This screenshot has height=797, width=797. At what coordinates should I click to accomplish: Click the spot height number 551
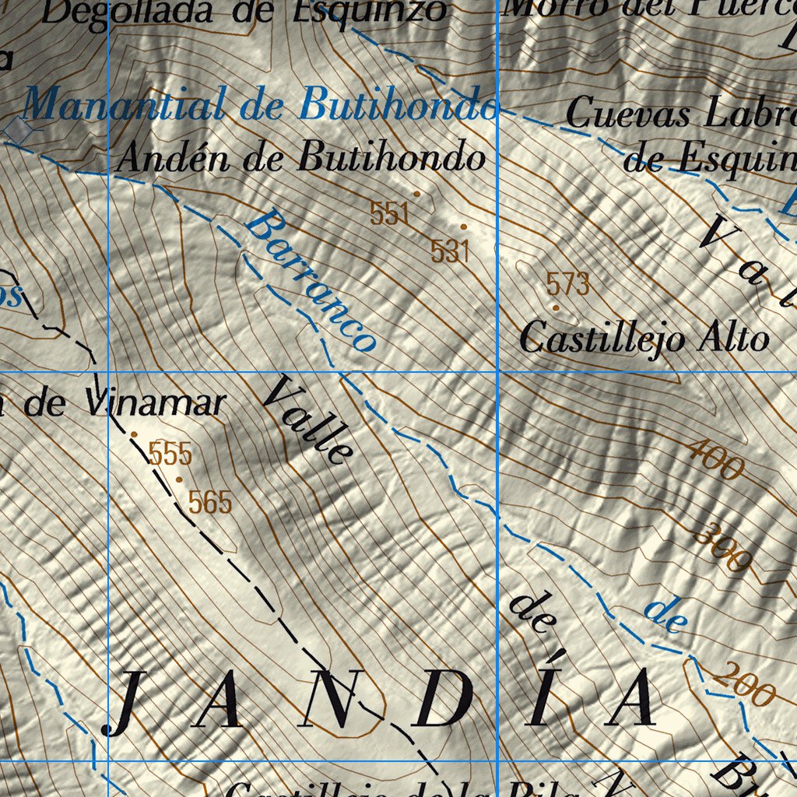tap(389, 213)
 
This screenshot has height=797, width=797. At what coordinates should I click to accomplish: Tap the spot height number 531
tap(450, 251)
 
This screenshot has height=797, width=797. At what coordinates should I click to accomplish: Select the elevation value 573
tap(567, 284)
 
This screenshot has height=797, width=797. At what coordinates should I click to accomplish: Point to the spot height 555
tap(170, 453)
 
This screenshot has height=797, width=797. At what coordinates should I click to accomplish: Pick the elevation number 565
tap(210, 503)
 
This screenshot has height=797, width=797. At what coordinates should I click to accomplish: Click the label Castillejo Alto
tap(644, 339)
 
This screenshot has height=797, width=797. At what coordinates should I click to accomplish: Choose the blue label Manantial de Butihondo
tap(260, 105)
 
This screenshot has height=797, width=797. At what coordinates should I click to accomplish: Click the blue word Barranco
tap(311, 281)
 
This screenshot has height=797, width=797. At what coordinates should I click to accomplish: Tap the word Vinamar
tap(156, 403)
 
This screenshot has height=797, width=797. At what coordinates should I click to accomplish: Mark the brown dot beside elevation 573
tap(556, 308)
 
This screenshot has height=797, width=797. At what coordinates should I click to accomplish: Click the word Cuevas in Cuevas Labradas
tap(627, 114)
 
